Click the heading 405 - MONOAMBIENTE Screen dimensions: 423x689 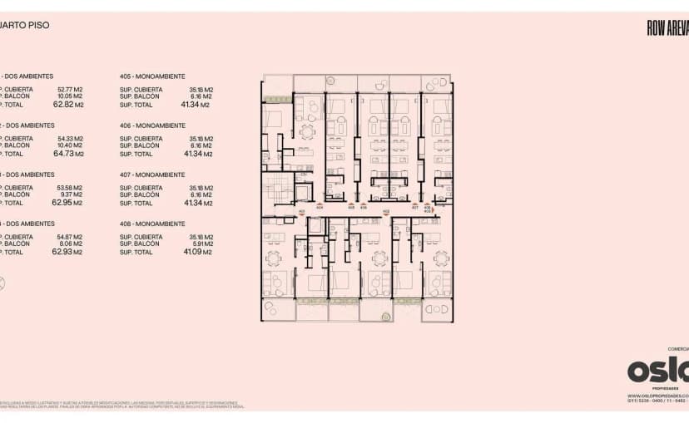152,76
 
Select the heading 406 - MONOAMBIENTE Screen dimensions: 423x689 152,125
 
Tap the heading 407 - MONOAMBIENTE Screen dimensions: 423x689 152,175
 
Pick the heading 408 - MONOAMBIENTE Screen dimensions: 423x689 152,224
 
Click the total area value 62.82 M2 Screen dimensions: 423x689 69,105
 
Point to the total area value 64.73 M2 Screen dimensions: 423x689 69,154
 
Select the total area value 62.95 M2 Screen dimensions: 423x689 69,203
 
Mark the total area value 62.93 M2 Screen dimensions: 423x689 69,252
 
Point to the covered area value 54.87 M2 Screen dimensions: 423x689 70,237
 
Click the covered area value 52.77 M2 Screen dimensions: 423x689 70,89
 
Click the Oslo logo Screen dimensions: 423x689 657,370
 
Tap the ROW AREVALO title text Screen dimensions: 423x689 667,27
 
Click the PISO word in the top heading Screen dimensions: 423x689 38,26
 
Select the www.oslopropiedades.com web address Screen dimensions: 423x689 657,396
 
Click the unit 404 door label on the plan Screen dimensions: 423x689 320,207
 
